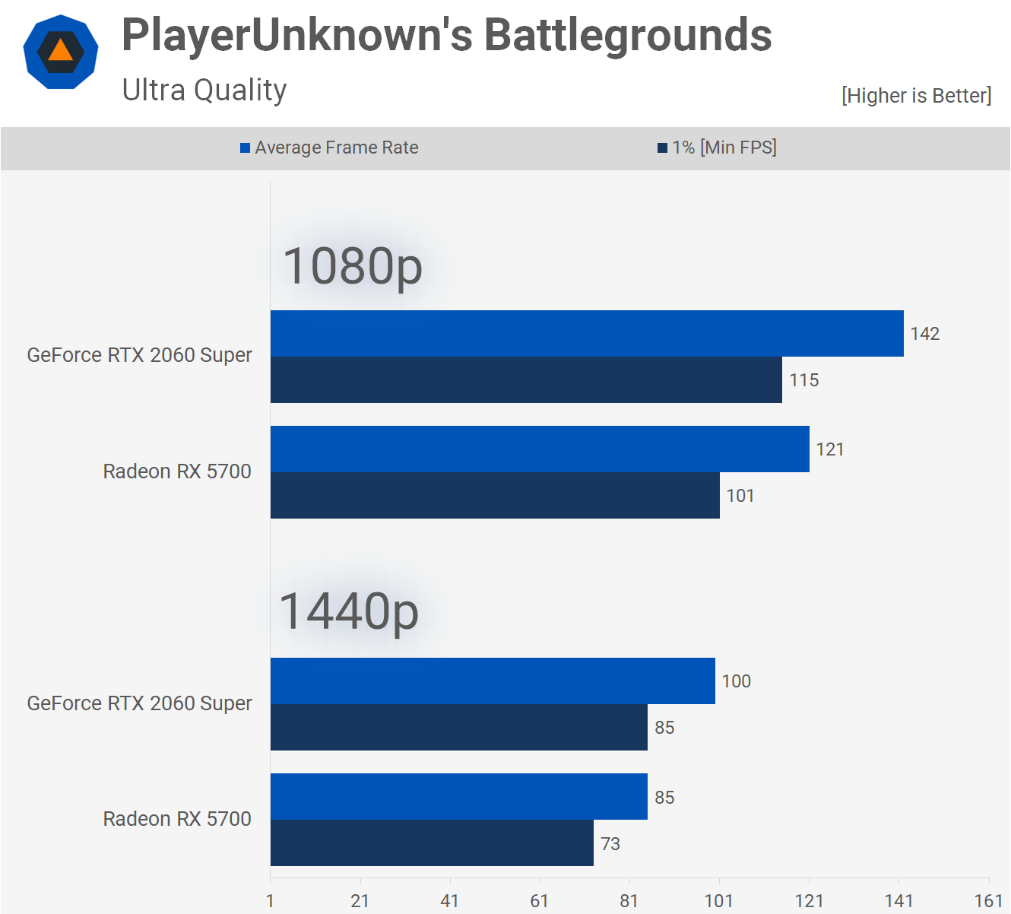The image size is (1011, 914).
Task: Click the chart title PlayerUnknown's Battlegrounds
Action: (446, 36)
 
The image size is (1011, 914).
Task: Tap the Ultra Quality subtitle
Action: (204, 90)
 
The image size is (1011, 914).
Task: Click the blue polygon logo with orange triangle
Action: (61, 52)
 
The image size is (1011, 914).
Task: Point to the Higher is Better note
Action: (916, 96)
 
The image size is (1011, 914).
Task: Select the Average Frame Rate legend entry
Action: (329, 148)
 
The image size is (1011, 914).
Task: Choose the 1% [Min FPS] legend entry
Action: (717, 148)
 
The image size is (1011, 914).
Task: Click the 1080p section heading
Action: (353, 266)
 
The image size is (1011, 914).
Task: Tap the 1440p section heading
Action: (349, 612)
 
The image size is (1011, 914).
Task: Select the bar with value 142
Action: (587, 333)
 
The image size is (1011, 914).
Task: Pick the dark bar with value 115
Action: (526, 380)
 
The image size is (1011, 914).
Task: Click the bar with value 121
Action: (540, 449)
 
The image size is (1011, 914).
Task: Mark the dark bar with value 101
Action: (495, 496)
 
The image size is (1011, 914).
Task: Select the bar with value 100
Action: (493, 681)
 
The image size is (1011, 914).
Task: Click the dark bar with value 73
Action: (432, 843)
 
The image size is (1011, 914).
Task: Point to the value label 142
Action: (925, 334)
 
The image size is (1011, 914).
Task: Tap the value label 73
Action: (610, 844)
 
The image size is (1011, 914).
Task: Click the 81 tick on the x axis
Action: (629, 901)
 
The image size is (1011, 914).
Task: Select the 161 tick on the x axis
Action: (988, 901)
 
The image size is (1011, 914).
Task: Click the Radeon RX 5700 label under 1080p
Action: (177, 471)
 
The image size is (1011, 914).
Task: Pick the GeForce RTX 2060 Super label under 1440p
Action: (139, 703)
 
